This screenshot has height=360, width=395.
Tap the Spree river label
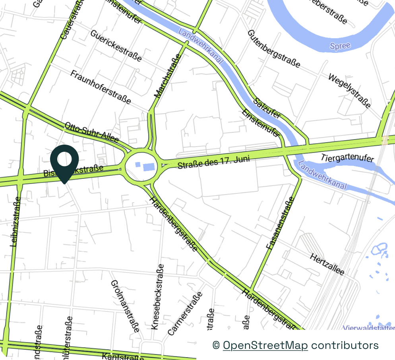[340, 46]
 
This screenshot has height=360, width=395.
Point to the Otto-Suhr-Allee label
[91, 132]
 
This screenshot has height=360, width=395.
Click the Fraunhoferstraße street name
[101, 87]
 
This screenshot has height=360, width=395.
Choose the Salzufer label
[268, 108]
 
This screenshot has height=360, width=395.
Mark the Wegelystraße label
[349, 91]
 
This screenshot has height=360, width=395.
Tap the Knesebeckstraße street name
[157, 296]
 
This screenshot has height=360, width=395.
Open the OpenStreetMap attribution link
[265, 345]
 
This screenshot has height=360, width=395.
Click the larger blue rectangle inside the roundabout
[149, 167]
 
